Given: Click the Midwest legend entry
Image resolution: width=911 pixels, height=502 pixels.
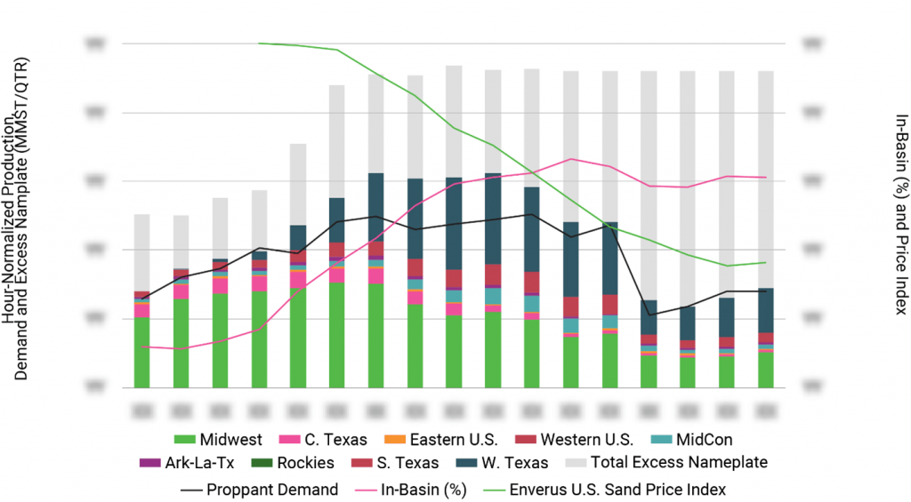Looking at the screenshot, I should [218, 439].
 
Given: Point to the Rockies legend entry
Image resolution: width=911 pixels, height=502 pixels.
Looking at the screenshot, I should [296, 463].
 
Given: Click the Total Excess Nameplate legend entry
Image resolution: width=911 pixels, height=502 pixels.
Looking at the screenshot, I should [666, 463].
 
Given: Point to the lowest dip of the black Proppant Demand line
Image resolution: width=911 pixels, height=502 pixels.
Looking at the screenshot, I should [649, 315].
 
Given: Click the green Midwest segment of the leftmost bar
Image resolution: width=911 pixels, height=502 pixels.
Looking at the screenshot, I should [141, 352].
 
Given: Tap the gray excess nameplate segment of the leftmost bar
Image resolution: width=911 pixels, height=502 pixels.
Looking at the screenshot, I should [141, 252].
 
